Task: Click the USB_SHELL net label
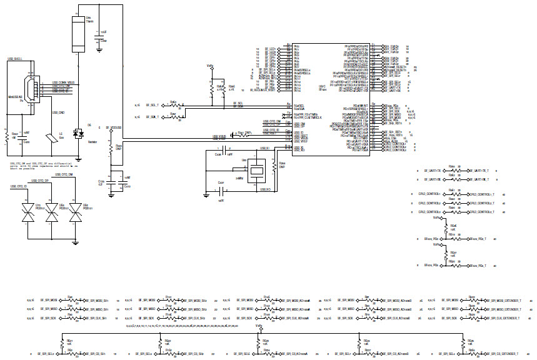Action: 15,58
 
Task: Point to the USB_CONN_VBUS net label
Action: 63,82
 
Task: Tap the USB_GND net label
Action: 58,112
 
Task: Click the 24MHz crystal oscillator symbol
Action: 255,170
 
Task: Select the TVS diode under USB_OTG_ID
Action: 28,212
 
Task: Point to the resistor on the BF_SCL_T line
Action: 174,106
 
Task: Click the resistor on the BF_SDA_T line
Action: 174,116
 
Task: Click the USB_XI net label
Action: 264,149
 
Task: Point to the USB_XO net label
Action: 266,189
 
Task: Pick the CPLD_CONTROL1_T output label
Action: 482,194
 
